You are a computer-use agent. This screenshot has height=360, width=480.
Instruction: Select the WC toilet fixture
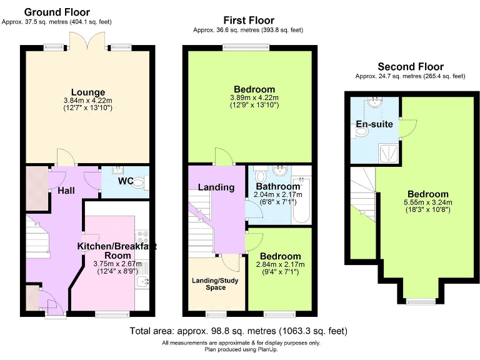141,182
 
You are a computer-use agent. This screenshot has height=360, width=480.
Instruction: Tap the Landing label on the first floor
216,187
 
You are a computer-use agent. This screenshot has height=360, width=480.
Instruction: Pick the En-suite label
374,124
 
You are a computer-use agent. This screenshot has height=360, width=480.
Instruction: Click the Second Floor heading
411,67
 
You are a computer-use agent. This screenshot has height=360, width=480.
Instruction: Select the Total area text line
238,331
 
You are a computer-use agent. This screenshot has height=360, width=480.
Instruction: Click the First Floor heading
248,21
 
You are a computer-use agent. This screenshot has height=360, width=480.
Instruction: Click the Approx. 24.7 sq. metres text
411,76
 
